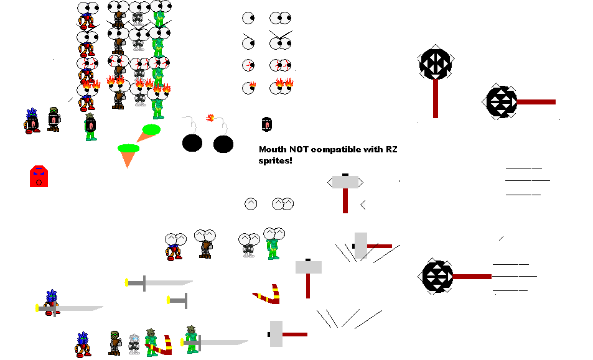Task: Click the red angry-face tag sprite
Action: [x=39, y=176]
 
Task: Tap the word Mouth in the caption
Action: [x=273, y=149]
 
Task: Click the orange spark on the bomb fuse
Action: [x=210, y=117]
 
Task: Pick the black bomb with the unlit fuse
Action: [x=192, y=142]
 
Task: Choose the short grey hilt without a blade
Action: [x=177, y=301]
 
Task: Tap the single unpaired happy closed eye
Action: [x=250, y=203]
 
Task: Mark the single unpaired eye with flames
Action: [x=249, y=88]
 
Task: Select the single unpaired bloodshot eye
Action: [x=249, y=65]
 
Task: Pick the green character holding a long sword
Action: [x=192, y=339]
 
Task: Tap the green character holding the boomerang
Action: [x=151, y=343]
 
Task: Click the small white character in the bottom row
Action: [x=134, y=344]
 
